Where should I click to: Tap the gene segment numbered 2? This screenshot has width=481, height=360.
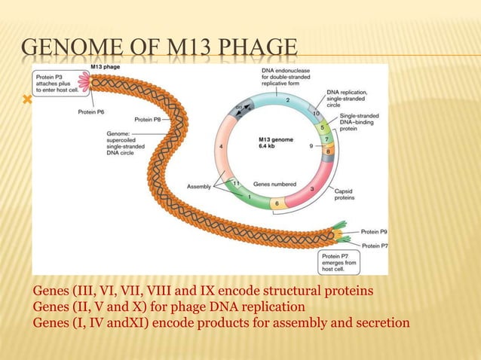[287, 100]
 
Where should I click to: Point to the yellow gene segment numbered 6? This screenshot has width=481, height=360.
[277, 203]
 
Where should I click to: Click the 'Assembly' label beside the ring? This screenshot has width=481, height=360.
[200, 185]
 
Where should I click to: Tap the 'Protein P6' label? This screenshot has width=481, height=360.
[93, 112]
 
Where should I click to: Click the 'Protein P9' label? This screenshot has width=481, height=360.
[373, 233]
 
